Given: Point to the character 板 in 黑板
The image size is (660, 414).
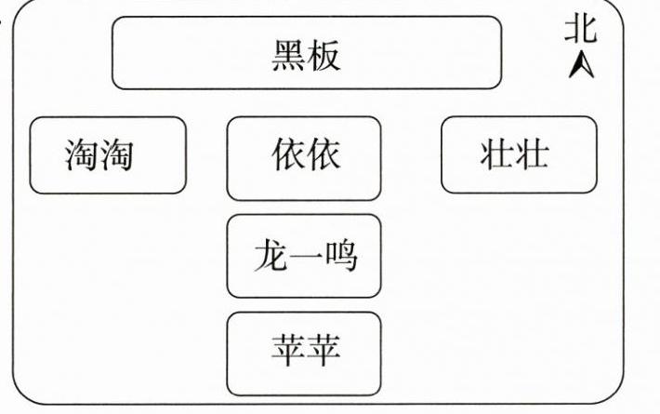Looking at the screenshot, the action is (324, 54).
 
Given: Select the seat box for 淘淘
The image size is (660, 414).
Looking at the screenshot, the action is (107, 154).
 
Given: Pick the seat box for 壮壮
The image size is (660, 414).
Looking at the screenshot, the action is (518, 154).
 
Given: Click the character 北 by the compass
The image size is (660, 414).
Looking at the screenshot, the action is (581, 30).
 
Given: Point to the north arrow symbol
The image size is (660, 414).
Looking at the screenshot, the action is (582, 65).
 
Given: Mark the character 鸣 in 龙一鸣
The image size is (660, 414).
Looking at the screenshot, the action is (339, 255).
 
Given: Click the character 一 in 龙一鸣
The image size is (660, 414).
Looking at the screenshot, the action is (304, 256).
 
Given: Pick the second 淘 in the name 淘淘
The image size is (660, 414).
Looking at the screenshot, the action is (115, 154).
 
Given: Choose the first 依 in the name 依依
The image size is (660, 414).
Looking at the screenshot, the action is (288, 154).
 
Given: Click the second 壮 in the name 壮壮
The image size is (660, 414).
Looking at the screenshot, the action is (531, 154).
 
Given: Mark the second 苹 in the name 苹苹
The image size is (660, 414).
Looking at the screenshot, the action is (323, 351).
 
